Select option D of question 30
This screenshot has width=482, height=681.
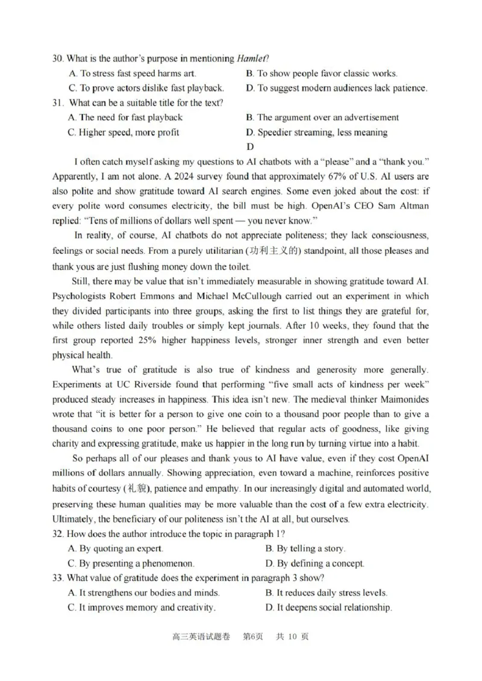click(336, 88)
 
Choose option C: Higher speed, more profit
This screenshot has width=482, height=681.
click(123, 132)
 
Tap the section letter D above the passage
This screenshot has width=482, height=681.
click(251, 146)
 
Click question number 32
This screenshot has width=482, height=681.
click(58, 533)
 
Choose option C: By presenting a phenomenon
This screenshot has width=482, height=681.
click(131, 563)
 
